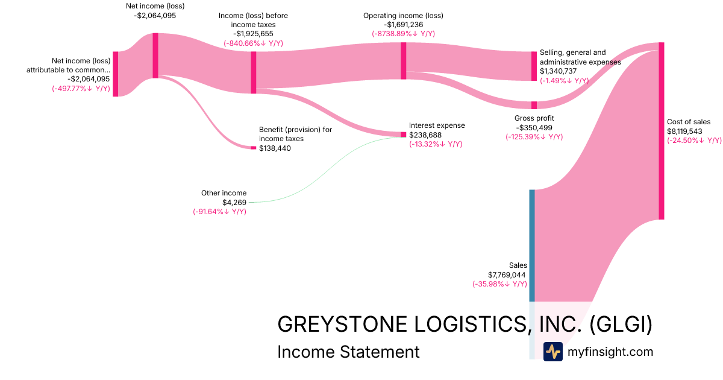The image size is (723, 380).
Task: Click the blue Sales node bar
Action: [x=532, y=245]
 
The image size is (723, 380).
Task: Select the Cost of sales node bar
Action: [x=661, y=130]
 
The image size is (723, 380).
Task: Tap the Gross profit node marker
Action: [x=534, y=105]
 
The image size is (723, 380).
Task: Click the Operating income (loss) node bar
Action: [x=403, y=60]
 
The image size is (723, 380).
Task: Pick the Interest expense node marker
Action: [x=404, y=135]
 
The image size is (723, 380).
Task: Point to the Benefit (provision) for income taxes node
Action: [x=254, y=148]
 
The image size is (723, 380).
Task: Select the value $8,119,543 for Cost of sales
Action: [x=684, y=131]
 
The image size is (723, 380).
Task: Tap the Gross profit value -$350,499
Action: [x=534, y=128]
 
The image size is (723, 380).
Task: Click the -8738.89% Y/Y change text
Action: [x=403, y=34]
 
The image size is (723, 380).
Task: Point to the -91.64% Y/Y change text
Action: [x=219, y=212]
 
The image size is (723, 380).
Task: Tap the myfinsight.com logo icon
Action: [x=552, y=352]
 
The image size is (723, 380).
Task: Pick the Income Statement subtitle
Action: [x=348, y=352]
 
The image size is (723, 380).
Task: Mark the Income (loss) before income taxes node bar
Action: [x=254, y=72]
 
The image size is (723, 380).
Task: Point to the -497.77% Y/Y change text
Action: [x=81, y=88]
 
